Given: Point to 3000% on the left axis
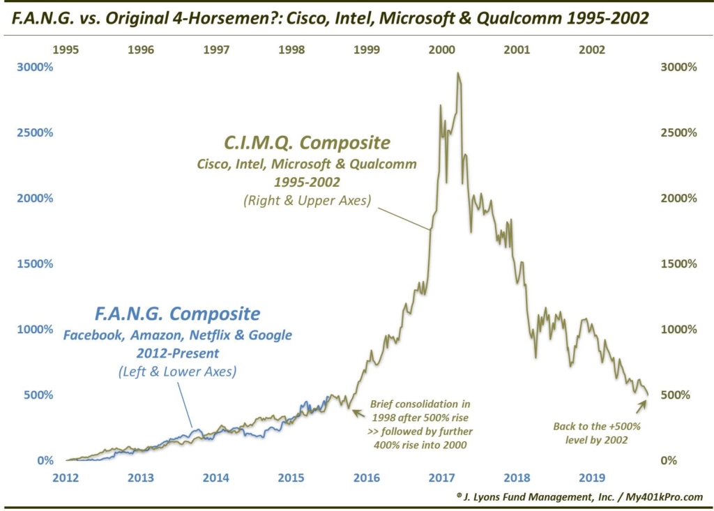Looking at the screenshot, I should point(33,68).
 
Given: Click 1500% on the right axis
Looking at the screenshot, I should point(678,264).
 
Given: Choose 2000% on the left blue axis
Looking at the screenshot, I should point(33,199).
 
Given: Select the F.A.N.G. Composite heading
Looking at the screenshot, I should point(177,313).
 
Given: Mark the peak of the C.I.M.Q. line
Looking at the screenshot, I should point(457,73).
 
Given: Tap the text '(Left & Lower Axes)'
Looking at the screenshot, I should point(177,372).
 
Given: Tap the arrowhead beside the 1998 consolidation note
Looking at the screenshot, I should point(356,412).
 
